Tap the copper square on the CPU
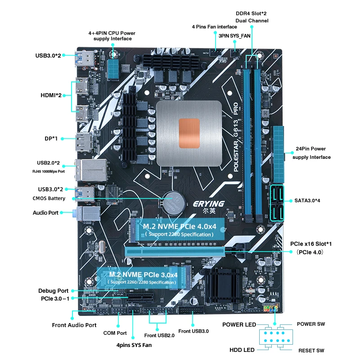click(189, 133)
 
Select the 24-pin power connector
click(279, 154)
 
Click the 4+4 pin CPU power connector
click(113, 69)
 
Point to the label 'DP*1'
click(51, 139)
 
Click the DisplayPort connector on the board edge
click(84, 142)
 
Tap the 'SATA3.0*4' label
click(307, 200)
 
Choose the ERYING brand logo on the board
click(209, 204)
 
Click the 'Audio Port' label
click(45, 212)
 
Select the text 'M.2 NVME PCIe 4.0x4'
click(180, 227)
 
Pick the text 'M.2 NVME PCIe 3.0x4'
click(143, 274)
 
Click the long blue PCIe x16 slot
click(175, 252)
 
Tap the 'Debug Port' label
click(53, 291)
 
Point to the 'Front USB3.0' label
click(193, 331)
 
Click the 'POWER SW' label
click(311, 324)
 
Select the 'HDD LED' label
click(242, 350)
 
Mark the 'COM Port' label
click(115, 333)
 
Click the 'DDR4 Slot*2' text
click(251, 13)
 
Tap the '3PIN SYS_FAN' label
click(234, 36)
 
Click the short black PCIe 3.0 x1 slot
click(139, 297)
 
